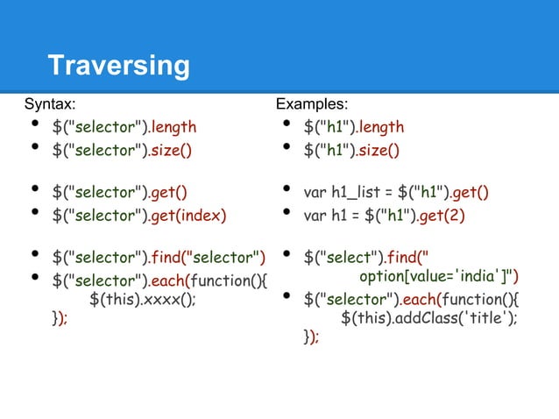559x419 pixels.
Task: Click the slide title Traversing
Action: (118, 66)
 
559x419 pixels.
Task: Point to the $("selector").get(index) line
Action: (138, 215)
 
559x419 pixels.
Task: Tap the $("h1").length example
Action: (354, 128)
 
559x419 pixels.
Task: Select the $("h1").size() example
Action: (351, 150)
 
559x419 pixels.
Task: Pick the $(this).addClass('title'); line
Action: (428, 317)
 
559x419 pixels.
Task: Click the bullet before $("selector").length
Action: (34, 127)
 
